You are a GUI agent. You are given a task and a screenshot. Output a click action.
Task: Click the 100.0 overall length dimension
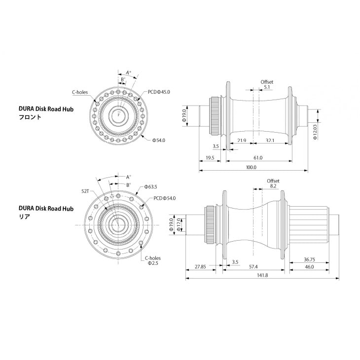click(x=251, y=167)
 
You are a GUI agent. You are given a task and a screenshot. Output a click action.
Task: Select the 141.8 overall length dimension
click(x=262, y=275)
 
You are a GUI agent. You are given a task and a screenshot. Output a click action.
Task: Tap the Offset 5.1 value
click(x=267, y=87)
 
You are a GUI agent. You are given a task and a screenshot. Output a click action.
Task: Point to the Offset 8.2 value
click(x=273, y=186)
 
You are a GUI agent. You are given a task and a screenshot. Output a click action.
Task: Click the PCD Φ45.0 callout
click(x=159, y=92)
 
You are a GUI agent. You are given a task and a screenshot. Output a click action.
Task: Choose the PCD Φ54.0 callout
click(x=164, y=198)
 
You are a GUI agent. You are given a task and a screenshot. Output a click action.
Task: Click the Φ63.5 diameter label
click(x=151, y=187)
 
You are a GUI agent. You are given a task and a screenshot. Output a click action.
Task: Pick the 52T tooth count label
click(x=85, y=191)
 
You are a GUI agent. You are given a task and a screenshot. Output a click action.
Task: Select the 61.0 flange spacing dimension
click(x=258, y=158)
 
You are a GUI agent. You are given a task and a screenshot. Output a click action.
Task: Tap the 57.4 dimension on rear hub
click(x=253, y=267)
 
